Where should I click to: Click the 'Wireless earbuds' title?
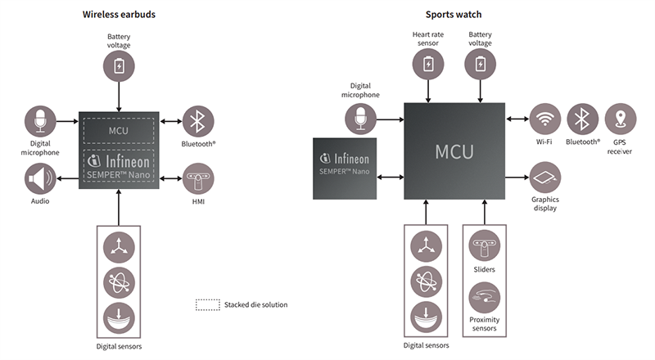click(x=119, y=14)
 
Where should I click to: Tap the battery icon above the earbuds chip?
click(x=120, y=65)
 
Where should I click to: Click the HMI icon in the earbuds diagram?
click(x=198, y=177)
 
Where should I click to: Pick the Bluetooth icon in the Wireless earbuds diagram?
click(x=198, y=121)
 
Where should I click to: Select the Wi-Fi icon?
click(x=544, y=119)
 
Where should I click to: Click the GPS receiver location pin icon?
click(x=621, y=119)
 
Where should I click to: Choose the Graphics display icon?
click(x=544, y=177)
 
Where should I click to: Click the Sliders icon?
click(x=484, y=246)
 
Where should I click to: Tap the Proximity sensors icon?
click(x=484, y=296)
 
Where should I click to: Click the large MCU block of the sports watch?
click(x=454, y=151)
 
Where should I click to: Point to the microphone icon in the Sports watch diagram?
click(x=360, y=120)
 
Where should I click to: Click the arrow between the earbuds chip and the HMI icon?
click(x=171, y=177)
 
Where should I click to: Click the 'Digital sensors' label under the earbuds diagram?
click(x=119, y=347)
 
